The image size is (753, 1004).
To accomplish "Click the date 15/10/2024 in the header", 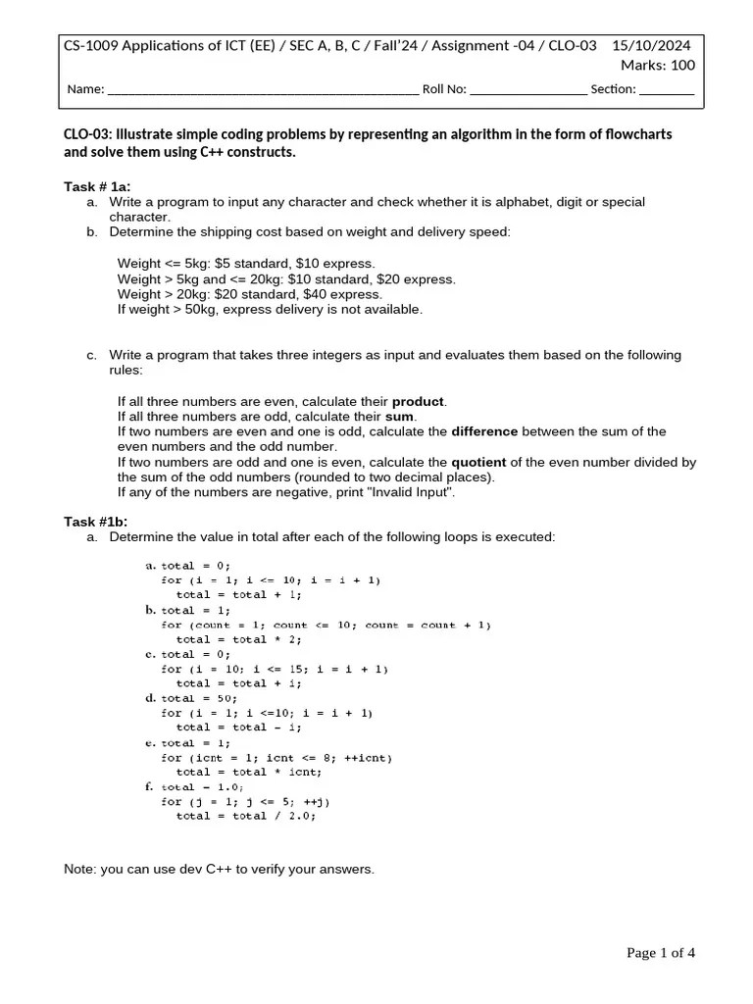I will pos(651,46).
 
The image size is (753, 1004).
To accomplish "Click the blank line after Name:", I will pos(262,90).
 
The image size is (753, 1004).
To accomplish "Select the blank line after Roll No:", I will pos(528,90).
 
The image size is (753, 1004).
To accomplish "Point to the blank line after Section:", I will pos(667,90).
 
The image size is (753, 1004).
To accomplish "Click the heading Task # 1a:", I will pos(97,186).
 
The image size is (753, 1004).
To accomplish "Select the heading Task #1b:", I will pos(96,522).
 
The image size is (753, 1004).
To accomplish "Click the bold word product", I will pos(419,402).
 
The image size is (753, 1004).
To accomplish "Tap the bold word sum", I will pos(400,417).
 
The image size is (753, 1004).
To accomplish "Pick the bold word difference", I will pos(484,431).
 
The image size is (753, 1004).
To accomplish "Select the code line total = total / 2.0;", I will pos(246,816).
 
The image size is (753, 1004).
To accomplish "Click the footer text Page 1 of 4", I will pos(661,953).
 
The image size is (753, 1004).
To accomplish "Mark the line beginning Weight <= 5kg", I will pos(246,264).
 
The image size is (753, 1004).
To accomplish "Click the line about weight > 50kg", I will pos(270,309).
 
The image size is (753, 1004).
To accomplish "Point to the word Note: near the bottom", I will pos(79,870).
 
